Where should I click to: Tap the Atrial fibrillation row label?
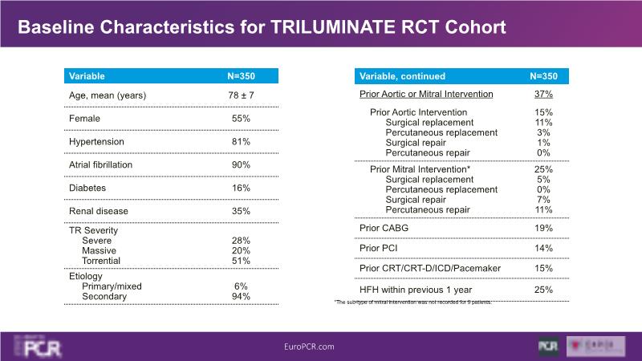click(x=101, y=164)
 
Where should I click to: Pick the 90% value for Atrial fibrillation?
click(x=241, y=164)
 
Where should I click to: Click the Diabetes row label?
click(x=88, y=188)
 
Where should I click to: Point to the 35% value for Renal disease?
click(x=241, y=211)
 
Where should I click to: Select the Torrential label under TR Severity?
click(x=101, y=261)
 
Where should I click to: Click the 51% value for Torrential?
click(x=241, y=261)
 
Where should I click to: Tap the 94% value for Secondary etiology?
click(x=241, y=297)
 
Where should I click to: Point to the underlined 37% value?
click(x=543, y=95)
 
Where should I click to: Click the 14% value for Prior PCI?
click(x=543, y=248)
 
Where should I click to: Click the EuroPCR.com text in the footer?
click(x=309, y=347)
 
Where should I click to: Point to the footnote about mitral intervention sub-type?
click(x=412, y=302)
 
